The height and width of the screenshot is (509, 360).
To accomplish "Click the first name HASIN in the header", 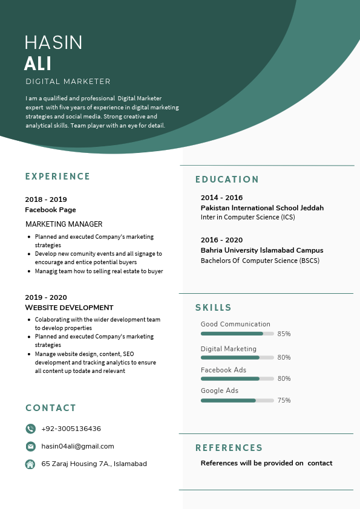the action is pyautogui.click(x=53, y=42).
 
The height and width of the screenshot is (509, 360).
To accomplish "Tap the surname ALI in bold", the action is pyautogui.click(x=38, y=63).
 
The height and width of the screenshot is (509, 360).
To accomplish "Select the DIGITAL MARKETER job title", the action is pyautogui.click(x=68, y=82).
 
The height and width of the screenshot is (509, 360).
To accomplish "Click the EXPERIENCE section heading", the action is pyautogui.click(x=57, y=177).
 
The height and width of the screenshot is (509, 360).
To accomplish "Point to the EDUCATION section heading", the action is pyautogui.click(x=227, y=180).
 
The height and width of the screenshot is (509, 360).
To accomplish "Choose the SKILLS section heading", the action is pyautogui.click(x=214, y=308).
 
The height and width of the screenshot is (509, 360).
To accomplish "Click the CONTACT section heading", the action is pyautogui.click(x=51, y=408).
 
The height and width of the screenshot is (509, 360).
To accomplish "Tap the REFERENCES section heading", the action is pyautogui.click(x=229, y=448).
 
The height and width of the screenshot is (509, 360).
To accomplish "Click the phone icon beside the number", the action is pyautogui.click(x=30, y=429).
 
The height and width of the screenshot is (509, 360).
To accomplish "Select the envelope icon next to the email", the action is pyautogui.click(x=30, y=446).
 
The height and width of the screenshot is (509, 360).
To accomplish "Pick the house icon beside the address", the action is pyautogui.click(x=30, y=464).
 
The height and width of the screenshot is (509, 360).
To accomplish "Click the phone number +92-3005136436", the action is pyautogui.click(x=71, y=429).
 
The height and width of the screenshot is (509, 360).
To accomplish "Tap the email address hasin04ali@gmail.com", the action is pyautogui.click(x=77, y=446).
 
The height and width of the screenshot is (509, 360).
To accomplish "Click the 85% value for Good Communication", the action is pyautogui.click(x=284, y=334).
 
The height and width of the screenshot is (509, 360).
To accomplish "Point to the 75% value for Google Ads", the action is pyautogui.click(x=284, y=400).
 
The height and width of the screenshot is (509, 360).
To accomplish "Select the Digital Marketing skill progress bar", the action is pyautogui.click(x=237, y=357).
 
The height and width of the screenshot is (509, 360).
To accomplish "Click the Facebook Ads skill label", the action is pyautogui.click(x=223, y=370).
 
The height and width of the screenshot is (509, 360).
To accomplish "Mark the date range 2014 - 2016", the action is pyautogui.click(x=221, y=198).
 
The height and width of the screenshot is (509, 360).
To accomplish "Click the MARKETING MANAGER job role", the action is pyautogui.click(x=64, y=224).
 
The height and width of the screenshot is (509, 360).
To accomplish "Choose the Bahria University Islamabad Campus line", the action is pyautogui.click(x=262, y=250).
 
